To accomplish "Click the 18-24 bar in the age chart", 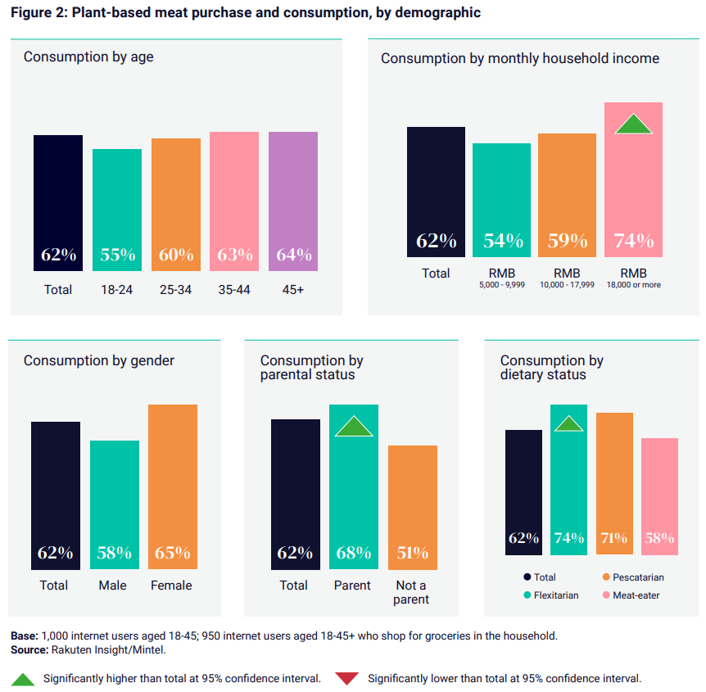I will coord(117,210).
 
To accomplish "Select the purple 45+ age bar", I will coord(293,201).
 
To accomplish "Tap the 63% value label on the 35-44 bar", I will coord(235,255).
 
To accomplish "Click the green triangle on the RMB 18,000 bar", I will coord(633,124).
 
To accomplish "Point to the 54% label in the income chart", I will coord(502,241).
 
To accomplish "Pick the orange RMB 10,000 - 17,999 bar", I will coord(567,195).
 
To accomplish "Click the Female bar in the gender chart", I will coord(173,486).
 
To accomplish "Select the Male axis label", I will coord(114,586).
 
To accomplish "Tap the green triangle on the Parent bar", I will coord(354,427).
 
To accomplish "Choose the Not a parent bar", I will coord(412,507).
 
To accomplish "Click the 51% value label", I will coord(412,553).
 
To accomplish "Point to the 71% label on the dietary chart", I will coord(614,538).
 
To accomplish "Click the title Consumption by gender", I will coord(99,361).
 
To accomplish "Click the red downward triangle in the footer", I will coord(348,678).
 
